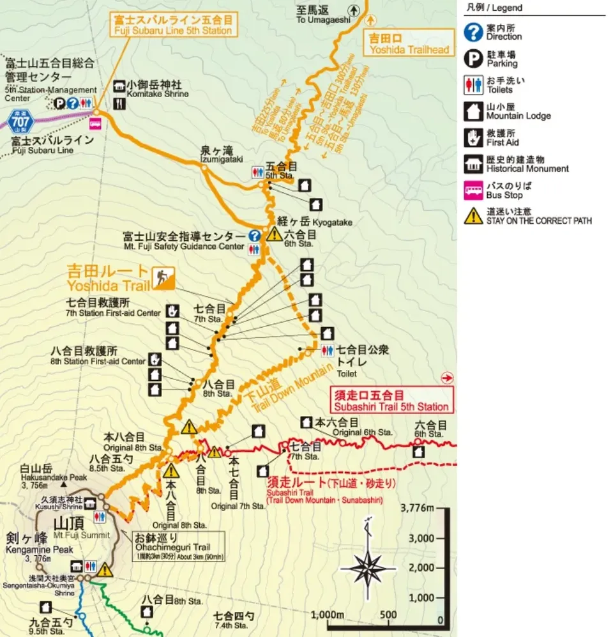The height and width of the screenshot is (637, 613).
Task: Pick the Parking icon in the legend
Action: pos(473,59)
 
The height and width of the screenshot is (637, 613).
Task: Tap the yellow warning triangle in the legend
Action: pos(473,216)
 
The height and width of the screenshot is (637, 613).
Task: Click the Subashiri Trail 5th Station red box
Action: pos(390,400)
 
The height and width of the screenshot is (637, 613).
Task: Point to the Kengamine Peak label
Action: pos(39,544)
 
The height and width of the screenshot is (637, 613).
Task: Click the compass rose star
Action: pos(367,568)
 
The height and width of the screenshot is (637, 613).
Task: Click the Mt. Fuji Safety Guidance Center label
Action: pos(184,241)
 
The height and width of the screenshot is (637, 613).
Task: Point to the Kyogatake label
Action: pos(314,221)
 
